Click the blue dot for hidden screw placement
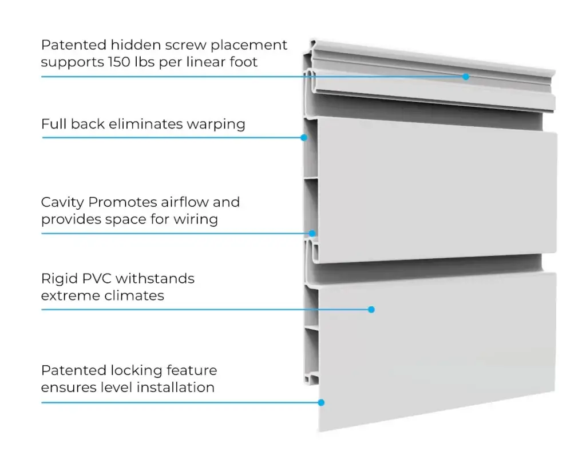(466, 77)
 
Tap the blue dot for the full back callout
(304, 138)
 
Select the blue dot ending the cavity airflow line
(312, 233)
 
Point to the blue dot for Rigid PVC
(371, 310)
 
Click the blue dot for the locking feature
(321, 402)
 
